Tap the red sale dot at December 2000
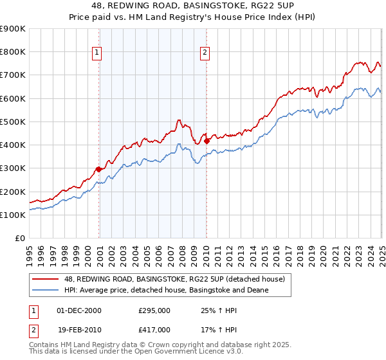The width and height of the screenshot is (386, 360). (x=98, y=169)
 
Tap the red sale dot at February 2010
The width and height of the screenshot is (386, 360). (x=207, y=141)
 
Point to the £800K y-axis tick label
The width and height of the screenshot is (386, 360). (x=13, y=52)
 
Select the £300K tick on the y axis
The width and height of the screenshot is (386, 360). (x=13, y=168)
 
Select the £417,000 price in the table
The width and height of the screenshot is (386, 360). (x=154, y=329)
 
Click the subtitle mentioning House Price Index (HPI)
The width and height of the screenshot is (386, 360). (x=193, y=19)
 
